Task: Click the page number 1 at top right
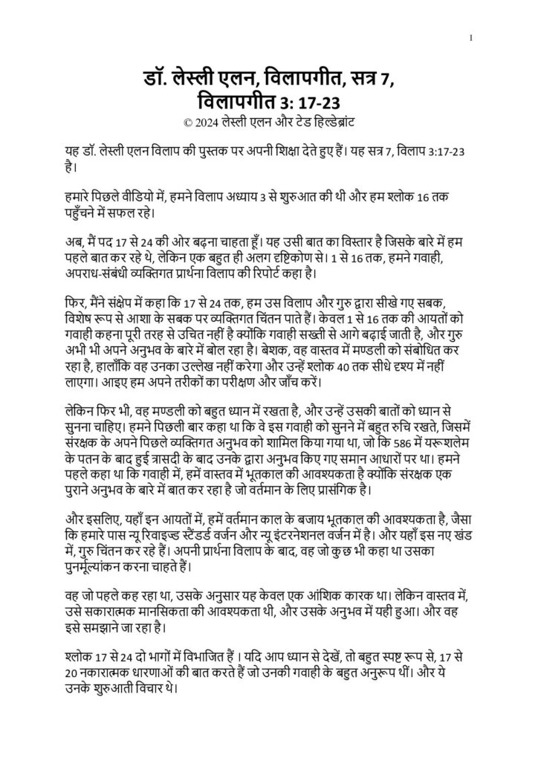[472, 37]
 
